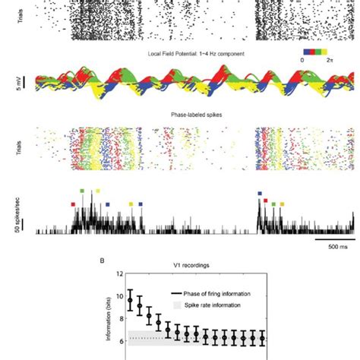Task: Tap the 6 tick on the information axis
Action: (119, 340)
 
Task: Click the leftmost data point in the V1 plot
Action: (130, 301)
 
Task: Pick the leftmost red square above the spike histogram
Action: (73, 204)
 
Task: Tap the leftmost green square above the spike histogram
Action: (82, 191)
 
